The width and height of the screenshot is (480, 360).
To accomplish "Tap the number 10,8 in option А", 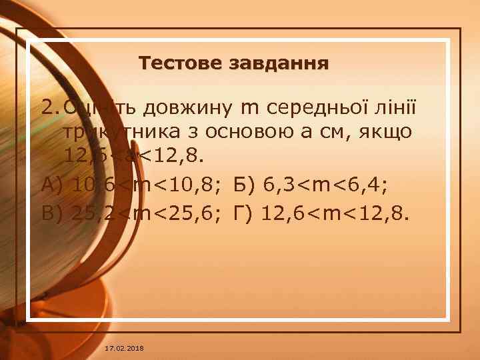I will coord(204,182).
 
